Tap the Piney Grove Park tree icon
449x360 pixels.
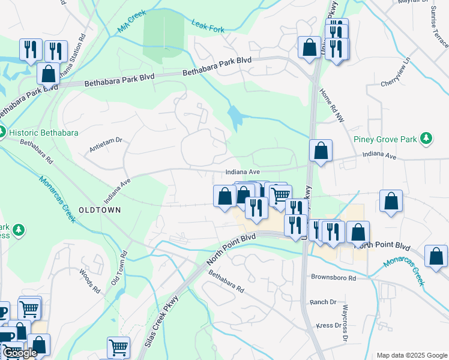pyautogui.click(x=426, y=139)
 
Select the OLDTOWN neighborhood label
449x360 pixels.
pyautogui.click(x=100, y=210)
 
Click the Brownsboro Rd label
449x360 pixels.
pyautogui.click(x=334, y=278)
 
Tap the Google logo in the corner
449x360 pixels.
pyautogui.click(x=20, y=353)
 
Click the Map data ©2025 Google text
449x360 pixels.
pyautogui.click(x=411, y=355)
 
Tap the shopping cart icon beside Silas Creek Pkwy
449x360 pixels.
pyautogui.click(x=118, y=347)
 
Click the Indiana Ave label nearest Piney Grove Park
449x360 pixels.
pyautogui.click(x=379, y=155)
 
